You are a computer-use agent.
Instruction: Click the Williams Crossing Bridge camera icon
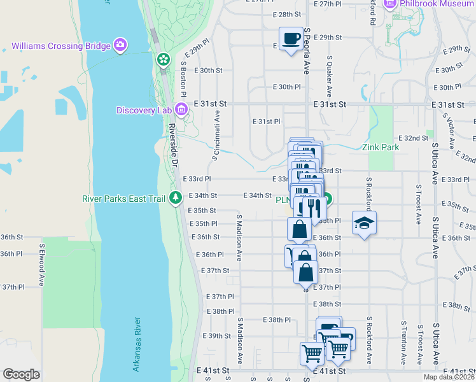point(120,45)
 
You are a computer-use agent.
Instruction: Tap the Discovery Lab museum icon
point(181,110)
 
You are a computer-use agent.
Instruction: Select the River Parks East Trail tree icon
point(176,198)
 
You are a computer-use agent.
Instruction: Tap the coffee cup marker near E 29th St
point(291,38)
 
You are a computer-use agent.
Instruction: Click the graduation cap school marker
point(363,223)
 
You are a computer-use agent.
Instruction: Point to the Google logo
point(21,374)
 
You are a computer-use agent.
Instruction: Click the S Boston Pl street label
point(184,74)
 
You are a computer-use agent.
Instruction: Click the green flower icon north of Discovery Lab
point(164,59)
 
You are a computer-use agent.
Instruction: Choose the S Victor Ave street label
point(450,127)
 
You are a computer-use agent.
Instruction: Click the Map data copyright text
point(449,377)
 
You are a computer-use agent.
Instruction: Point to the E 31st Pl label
point(266,121)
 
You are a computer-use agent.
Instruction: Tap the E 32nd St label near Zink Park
point(413,138)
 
